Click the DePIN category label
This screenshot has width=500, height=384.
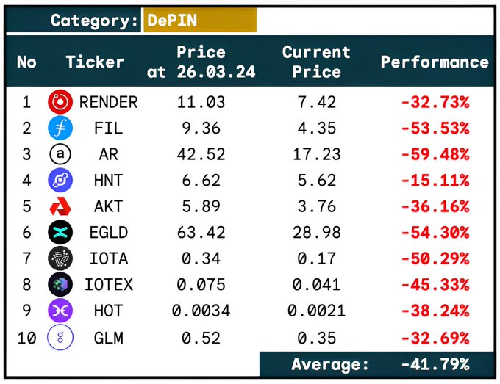click(x=172, y=21)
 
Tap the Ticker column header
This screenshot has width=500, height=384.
click(x=95, y=62)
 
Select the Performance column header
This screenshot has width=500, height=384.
click(x=434, y=62)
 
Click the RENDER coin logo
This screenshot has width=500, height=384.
click(x=59, y=102)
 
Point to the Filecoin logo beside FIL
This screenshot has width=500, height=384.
click(x=59, y=128)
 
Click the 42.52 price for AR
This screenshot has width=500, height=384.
click(x=201, y=154)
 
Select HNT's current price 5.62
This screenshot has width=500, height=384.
click(x=316, y=181)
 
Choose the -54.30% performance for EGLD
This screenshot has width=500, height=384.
click(x=435, y=233)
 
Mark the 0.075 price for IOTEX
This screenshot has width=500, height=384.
click(x=201, y=285)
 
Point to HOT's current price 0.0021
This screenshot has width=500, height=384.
click(x=316, y=311)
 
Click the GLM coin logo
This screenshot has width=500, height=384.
click(x=59, y=338)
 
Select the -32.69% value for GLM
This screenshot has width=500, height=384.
click(x=435, y=338)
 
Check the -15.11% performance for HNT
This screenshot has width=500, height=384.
click(x=435, y=181)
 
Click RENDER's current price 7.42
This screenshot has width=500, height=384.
click(x=316, y=102)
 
